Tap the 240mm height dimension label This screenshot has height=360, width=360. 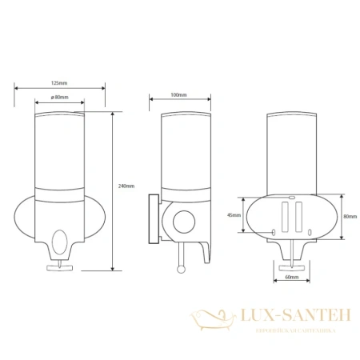click(125, 186)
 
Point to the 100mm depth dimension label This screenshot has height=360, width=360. click(179, 96)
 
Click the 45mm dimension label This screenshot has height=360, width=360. click(234, 214)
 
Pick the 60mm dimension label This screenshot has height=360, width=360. click(291, 278)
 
